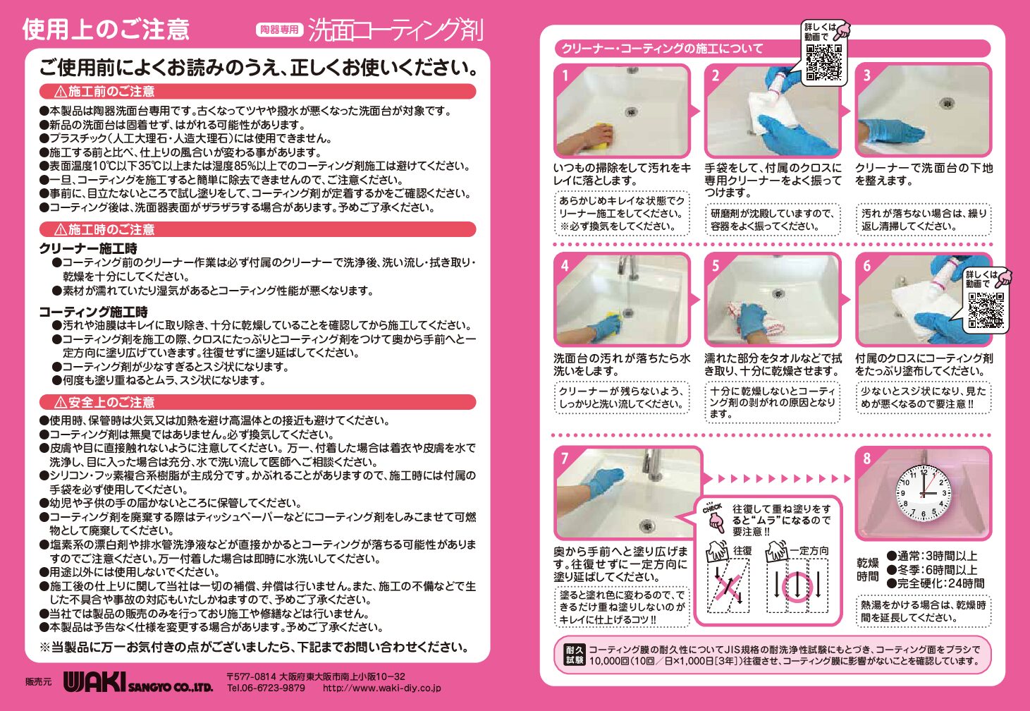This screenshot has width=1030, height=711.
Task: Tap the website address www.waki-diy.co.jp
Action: (x=381, y=688)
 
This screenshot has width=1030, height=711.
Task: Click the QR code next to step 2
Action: (x=824, y=62)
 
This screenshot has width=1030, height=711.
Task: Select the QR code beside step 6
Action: (x=986, y=310)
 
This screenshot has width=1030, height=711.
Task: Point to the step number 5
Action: (x=716, y=266)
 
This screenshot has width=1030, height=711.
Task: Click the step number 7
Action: (x=565, y=458)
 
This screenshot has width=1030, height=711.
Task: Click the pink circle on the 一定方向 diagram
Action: (x=798, y=587)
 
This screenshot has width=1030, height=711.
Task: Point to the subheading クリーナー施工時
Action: (x=88, y=248)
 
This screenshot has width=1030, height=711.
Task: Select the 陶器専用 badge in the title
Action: (x=279, y=30)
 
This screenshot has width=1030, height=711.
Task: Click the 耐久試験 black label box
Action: (x=575, y=655)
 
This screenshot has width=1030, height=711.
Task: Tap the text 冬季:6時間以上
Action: (x=937, y=570)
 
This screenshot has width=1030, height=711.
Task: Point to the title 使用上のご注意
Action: (x=106, y=30)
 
